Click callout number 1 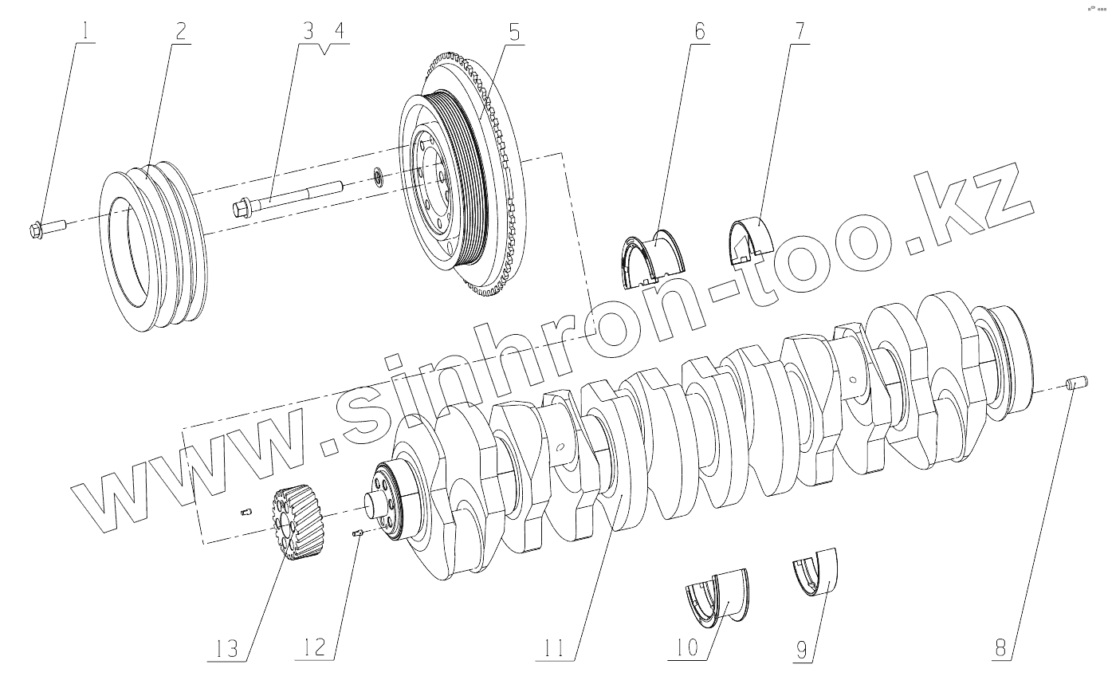point(87,31)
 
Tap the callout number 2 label point(181,31)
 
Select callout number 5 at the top point(514,32)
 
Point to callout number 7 point(800,31)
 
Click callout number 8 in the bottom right point(1000,647)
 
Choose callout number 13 point(227,648)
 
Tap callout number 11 point(554,648)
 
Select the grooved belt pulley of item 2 point(154,246)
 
